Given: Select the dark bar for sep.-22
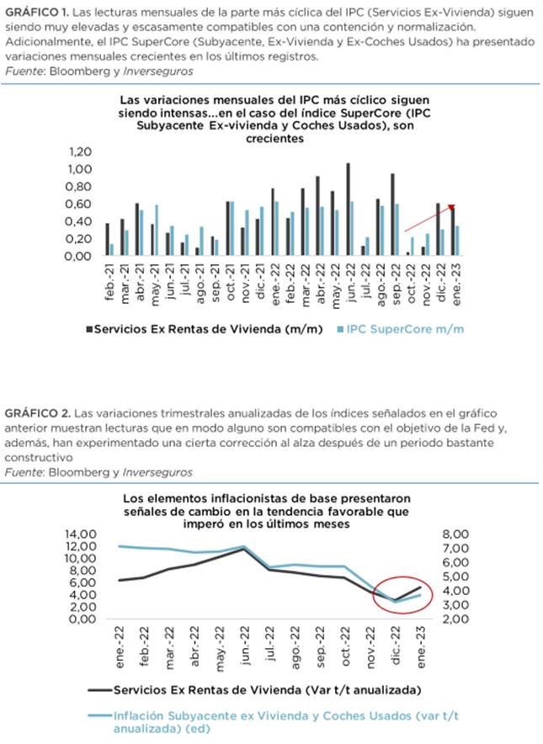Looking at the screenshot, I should pos(392,215).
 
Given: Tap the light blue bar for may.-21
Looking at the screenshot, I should pos(157,230).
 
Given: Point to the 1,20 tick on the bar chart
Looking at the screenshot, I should pos(77,151).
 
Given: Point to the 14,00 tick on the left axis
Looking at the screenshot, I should pos(73,533).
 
